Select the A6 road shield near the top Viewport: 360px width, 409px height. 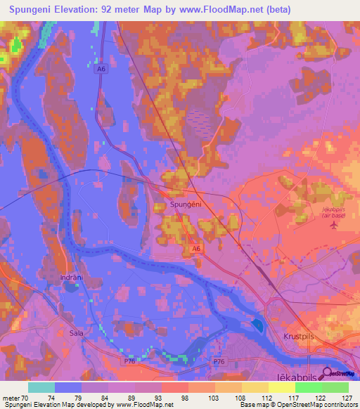point(101,69)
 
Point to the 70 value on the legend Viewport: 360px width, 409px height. point(26,397)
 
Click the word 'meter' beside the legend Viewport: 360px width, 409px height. point(11,397)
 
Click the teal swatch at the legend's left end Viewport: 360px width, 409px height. point(41,387)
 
